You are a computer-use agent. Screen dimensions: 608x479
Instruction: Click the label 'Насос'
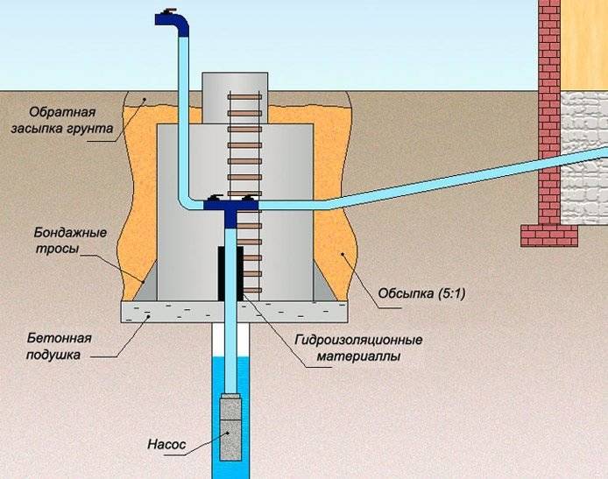tap(166, 444)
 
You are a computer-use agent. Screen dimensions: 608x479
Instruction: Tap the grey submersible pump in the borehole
tap(230, 426)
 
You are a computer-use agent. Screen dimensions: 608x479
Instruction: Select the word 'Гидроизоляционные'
tap(358, 340)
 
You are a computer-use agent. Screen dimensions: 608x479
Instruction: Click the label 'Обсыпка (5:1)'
tap(422, 293)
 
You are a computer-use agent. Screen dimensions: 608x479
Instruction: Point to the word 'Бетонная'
tap(60, 338)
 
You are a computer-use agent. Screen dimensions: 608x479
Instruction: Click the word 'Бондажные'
tap(70, 233)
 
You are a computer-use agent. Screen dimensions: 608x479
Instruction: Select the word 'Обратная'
tap(62, 112)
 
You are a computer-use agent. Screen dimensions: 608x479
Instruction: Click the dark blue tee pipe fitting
tap(230, 209)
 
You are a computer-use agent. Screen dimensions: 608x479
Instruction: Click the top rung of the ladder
tap(244, 97)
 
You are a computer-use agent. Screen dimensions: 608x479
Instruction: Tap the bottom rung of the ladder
tap(251, 290)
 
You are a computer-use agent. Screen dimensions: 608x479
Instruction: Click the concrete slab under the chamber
tap(235, 312)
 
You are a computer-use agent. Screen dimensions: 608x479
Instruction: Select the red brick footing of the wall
tap(549, 236)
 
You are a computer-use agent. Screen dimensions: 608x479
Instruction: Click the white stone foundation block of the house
tap(584, 158)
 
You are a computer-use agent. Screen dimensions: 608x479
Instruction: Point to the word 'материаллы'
tap(358, 356)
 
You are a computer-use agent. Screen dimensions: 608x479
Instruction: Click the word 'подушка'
tap(53, 355)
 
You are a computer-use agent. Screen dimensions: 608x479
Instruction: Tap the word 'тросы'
tap(58, 249)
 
